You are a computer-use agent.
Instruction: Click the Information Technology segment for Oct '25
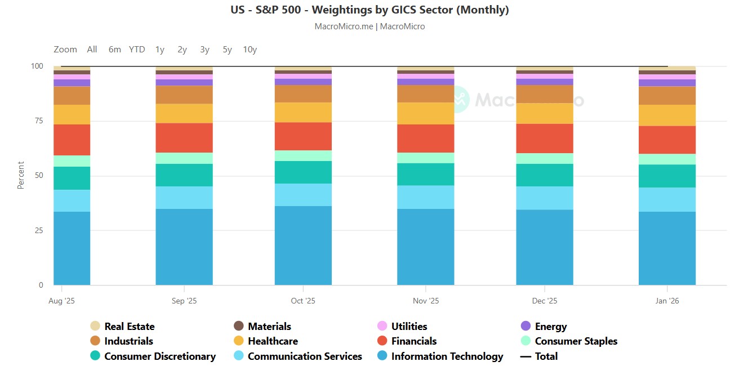tap(303, 246)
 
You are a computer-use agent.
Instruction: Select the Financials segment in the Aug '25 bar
tap(72, 140)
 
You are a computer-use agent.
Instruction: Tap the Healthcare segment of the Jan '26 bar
tap(667, 115)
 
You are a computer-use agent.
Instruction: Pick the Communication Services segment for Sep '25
tap(184, 198)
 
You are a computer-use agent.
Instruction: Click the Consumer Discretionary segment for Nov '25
tap(426, 174)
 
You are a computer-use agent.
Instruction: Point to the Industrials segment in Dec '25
tap(545, 93)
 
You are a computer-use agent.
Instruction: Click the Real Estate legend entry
tap(129, 327)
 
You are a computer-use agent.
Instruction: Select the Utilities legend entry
tap(409, 327)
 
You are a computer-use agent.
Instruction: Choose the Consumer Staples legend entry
tap(576, 341)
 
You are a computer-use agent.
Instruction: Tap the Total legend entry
tap(546, 356)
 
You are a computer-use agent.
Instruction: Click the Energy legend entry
tap(550, 327)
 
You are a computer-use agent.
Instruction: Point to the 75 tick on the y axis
tap(37, 121)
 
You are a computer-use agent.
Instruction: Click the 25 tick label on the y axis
tap(37, 230)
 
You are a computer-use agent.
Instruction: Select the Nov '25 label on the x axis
tap(426, 301)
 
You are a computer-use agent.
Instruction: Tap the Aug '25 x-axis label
tap(62, 301)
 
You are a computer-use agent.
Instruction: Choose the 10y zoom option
tap(250, 50)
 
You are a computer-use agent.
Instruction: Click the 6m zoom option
tap(114, 50)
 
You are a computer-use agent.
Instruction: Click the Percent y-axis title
tap(21, 175)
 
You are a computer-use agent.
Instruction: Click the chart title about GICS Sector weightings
tap(369, 10)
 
